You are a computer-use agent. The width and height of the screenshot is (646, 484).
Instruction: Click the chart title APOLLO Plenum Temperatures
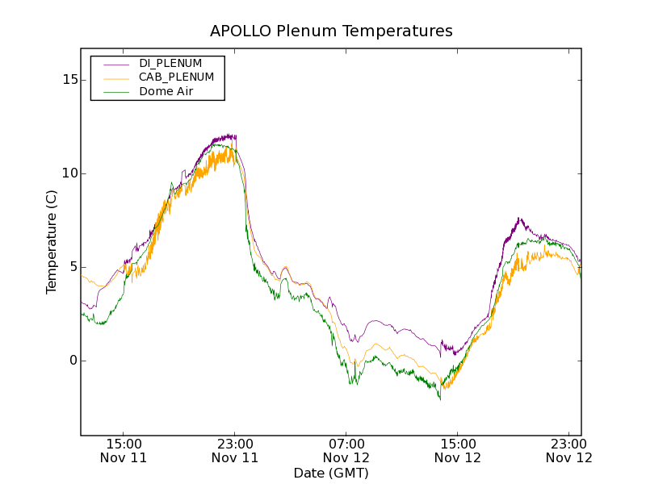click(x=331, y=31)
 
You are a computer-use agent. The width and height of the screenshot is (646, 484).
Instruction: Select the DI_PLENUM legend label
click(x=170, y=63)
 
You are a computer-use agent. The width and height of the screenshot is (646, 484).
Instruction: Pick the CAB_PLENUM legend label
click(x=176, y=77)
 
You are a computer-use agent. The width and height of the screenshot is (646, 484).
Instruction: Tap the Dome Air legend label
click(x=166, y=91)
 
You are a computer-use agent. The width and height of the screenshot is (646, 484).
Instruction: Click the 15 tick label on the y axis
click(x=70, y=80)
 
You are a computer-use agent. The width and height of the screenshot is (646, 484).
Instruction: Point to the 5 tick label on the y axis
click(x=73, y=267)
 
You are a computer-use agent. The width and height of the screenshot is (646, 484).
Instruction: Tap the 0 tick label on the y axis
click(x=73, y=361)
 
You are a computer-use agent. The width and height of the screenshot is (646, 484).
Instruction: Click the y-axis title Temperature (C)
click(x=52, y=241)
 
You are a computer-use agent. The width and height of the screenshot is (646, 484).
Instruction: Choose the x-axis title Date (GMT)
click(x=331, y=473)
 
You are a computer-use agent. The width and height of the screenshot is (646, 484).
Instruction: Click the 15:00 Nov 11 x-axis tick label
click(x=124, y=450)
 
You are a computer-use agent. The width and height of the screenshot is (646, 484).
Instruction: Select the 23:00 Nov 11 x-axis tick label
click(x=235, y=450)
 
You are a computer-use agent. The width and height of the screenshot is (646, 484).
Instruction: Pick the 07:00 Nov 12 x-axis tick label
click(x=346, y=450)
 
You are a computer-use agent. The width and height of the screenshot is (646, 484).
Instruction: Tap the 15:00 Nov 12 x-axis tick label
click(x=458, y=450)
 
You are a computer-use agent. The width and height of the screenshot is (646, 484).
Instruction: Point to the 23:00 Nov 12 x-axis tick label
click(x=569, y=450)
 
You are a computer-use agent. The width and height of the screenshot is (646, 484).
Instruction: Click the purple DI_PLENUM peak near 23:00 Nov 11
click(x=231, y=136)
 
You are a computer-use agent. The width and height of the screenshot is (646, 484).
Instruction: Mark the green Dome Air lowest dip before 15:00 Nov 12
click(x=440, y=398)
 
